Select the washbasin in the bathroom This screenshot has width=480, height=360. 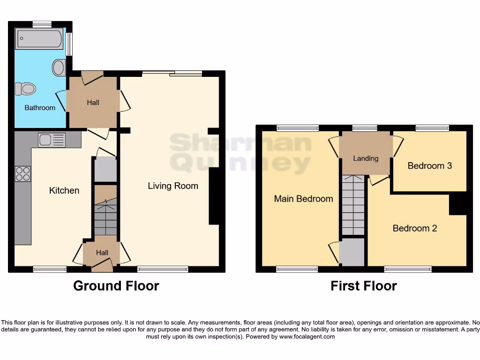point(59,67)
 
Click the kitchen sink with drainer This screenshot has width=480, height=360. point(52,140)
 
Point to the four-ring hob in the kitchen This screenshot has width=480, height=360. point(23,173)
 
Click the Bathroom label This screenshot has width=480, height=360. point(40,108)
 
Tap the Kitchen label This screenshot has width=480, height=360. point(64,190)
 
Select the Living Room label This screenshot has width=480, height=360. point(173,186)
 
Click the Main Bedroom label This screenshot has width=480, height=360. point(303,199)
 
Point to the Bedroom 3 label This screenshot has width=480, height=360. point(430,165)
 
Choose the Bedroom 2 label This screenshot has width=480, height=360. point(415,228)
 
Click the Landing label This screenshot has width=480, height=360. point(366,158)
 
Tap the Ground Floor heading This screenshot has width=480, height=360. point(116,286)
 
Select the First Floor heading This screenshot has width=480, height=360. point(364,286)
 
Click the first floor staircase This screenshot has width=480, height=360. point(353,205)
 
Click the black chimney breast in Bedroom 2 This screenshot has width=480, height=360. point(457,204)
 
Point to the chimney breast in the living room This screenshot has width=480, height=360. point(214,196)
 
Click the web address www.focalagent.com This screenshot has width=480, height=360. point(306,337)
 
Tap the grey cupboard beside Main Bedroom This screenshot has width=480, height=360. point(353,252)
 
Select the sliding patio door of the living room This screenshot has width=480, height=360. point(172,74)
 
